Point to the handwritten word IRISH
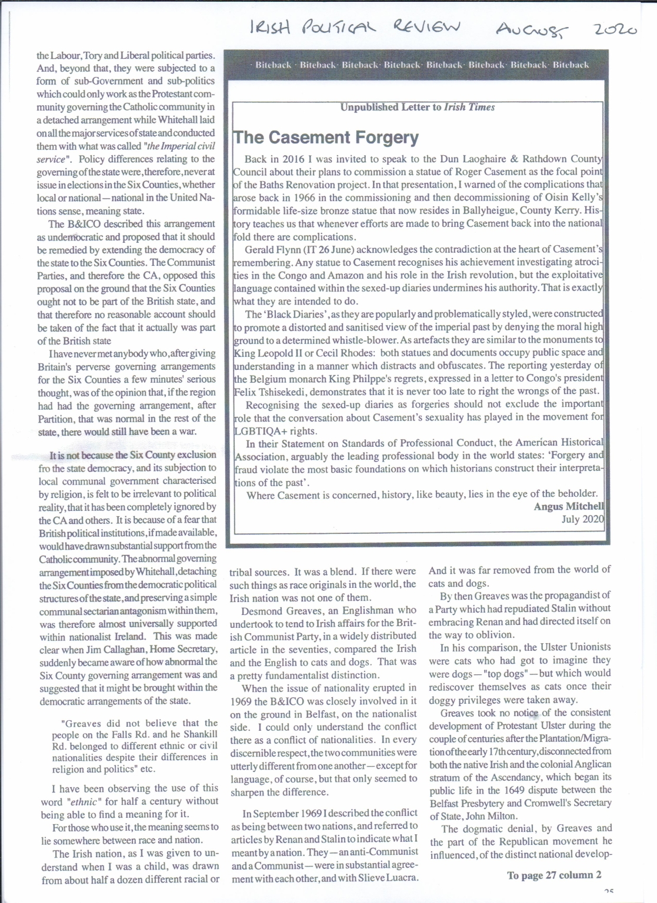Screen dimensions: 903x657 [270, 26]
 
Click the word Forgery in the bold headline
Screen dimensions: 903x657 [383, 138]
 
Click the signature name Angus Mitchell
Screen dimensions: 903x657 [568, 506]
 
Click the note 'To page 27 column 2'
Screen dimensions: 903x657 [554, 875]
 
